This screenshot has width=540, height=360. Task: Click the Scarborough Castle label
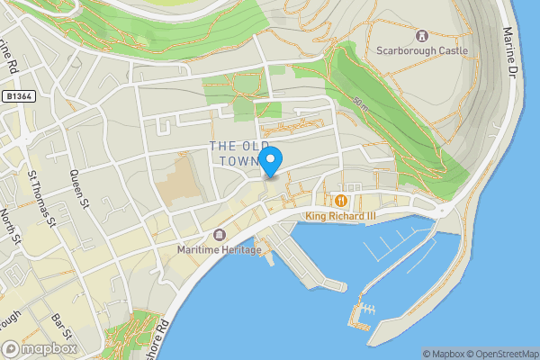click(x=421, y=50)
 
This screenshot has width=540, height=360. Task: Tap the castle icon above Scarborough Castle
click(x=421, y=35)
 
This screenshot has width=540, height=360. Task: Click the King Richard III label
click(x=341, y=216)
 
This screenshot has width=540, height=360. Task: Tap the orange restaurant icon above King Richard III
click(x=341, y=201)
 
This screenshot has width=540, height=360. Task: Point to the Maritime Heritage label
click(x=219, y=249)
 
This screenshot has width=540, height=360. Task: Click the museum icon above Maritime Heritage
click(x=219, y=235)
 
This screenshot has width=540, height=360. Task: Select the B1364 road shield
click(x=18, y=95)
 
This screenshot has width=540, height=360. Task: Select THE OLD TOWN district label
click(x=237, y=153)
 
